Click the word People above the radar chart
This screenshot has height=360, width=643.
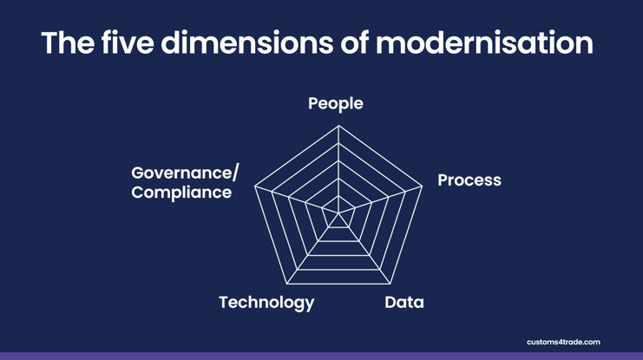(335, 104)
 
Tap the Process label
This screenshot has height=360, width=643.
(469, 180)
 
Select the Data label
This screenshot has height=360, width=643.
(404, 303)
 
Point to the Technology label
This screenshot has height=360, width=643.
(266, 303)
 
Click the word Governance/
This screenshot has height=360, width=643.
(185, 173)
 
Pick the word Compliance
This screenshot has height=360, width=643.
(181, 193)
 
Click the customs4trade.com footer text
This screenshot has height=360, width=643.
(562, 342)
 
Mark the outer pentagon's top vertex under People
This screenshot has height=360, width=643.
(338, 126)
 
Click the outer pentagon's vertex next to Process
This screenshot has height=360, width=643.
(423, 186)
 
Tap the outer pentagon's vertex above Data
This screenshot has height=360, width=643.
(390, 284)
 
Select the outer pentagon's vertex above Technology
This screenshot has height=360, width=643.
(287, 284)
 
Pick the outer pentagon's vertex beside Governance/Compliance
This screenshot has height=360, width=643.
(255, 186)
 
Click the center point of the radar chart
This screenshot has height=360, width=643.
(338, 214)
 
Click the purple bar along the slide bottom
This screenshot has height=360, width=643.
(321, 356)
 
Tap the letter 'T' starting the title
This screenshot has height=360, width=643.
(50, 43)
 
